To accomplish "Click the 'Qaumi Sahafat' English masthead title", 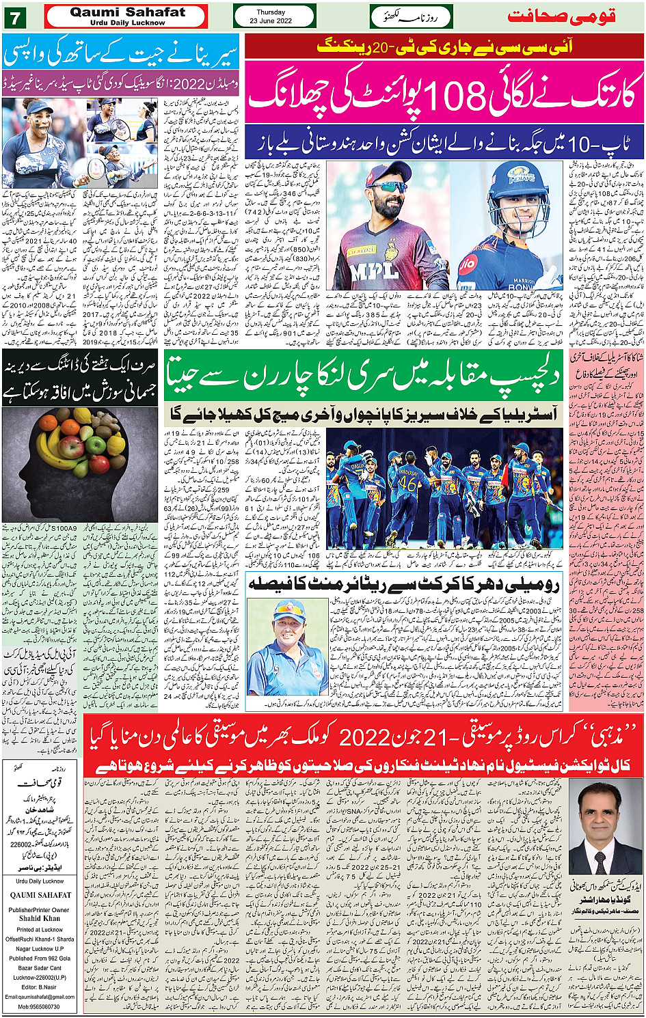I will [127, 12].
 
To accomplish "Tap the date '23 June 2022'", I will [271, 21].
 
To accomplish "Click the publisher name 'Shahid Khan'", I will [40, 919].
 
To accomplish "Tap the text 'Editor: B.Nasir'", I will [40, 987].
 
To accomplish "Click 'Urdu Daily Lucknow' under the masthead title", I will [127, 23].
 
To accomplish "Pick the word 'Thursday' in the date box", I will [271, 12].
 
